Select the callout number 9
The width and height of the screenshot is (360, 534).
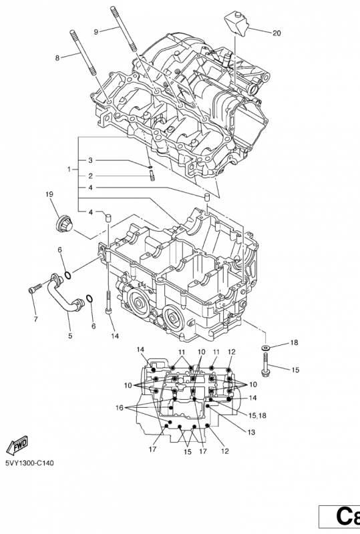pyautogui.click(x=96, y=31)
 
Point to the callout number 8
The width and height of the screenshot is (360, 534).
pyautogui.click(x=57, y=58)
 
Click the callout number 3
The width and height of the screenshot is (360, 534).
pyautogui.click(x=91, y=160)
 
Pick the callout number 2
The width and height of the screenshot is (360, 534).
pyautogui.click(x=91, y=176)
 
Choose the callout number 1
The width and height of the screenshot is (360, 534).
pyautogui.click(x=69, y=170)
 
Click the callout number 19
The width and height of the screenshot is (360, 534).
pyautogui.click(x=49, y=194)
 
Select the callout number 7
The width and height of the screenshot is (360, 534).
pyautogui.click(x=35, y=318)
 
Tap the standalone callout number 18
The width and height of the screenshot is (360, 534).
pyautogui.click(x=294, y=342)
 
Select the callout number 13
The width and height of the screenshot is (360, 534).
pyautogui.click(x=251, y=433)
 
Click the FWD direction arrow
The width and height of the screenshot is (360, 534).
pyautogui.click(x=16, y=445)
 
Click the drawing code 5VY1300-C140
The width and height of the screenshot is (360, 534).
pyautogui.click(x=30, y=462)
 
